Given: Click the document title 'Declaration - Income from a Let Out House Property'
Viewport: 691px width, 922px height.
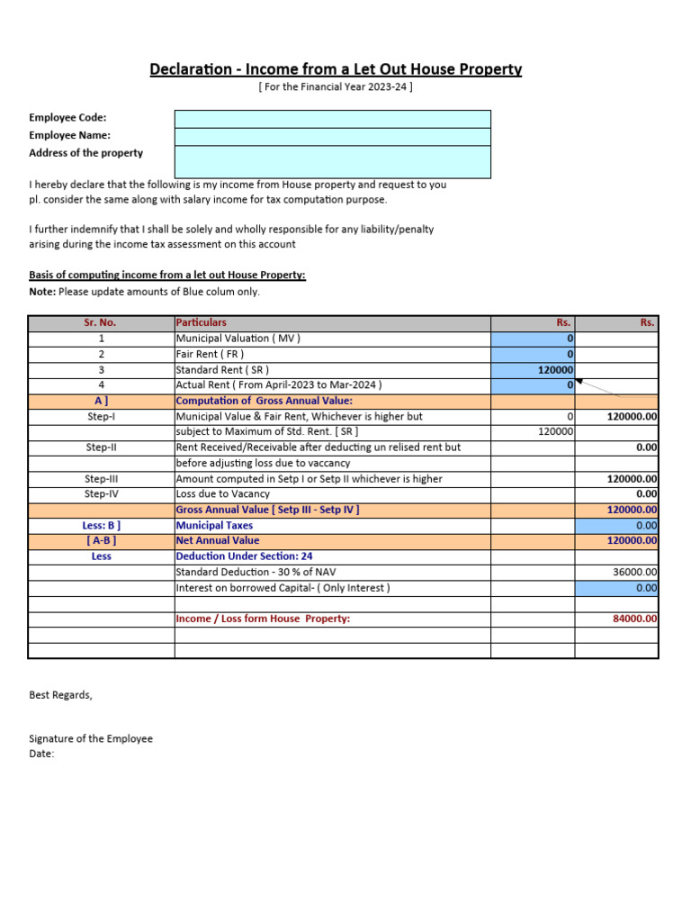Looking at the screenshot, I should pyautogui.click(x=336, y=69).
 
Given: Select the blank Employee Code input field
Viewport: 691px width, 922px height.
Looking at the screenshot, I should pyautogui.click(x=332, y=119).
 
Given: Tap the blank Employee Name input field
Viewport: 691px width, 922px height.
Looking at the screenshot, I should pyautogui.click(x=332, y=136).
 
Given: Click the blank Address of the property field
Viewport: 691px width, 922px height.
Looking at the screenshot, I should pyautogui.click(x=332, y=161).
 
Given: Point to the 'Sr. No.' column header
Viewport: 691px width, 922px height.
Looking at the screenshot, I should pyautogui.click(x=101, y=322).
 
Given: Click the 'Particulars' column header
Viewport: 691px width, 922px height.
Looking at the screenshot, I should pyautogui.click(x=202, y=322).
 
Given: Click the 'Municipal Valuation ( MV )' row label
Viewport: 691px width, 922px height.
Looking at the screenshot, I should pyautogui.click(x=238, y=339).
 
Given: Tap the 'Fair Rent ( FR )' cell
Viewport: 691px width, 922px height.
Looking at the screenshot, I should pyautogui.click(x=210, y=354).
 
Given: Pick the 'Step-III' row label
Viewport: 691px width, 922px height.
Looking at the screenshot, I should pyautogui.click(x=101, y=479).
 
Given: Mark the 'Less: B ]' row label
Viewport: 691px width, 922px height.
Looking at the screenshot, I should pyautogui.click(x=101, y=525).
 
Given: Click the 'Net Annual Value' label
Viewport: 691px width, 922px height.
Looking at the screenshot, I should pyautogui.click(x=218, y=540).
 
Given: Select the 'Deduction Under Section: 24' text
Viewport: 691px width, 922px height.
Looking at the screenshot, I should pyautogui.click(x=244, y=556).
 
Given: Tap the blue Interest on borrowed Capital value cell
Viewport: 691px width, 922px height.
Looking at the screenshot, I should pyautogui.click(x=616, y=588).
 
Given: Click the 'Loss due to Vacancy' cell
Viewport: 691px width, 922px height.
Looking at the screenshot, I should pyautogui.click(x=222, y=493).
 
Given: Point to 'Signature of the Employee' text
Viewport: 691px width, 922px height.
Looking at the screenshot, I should pyautogui.click(x=91, y=738).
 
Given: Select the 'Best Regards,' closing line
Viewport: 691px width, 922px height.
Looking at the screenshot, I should pyautogui.click(x=60, y=695).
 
